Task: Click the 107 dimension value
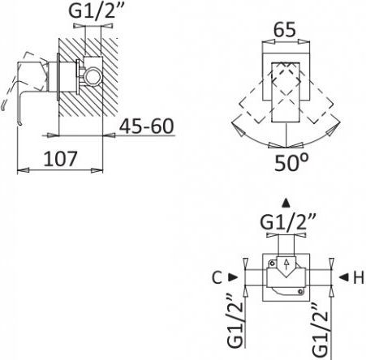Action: pos(60,159)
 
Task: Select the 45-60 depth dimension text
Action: pos(146,126)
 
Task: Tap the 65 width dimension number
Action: pos(285,30)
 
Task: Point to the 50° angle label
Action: pos(291,163)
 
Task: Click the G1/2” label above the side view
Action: pos(96,11)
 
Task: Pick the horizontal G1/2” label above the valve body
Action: pos(288,222)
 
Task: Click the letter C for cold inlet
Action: pos(217,277)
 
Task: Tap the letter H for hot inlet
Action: pos(359,277)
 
